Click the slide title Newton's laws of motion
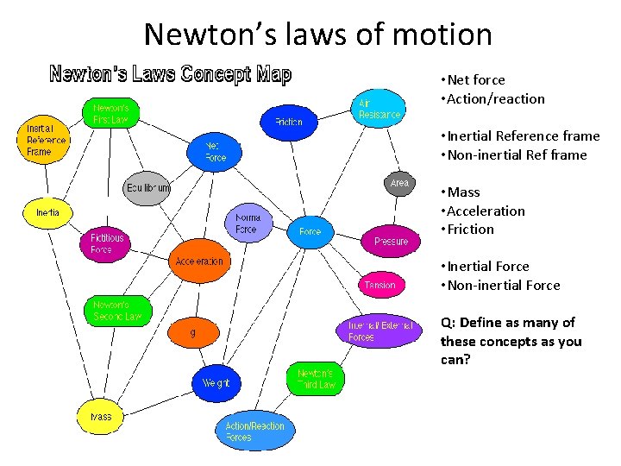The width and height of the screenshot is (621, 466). [x=318, y=35]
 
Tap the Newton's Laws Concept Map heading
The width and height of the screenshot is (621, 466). [x=171, y=74]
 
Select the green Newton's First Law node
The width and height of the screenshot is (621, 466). [x=110, y=113]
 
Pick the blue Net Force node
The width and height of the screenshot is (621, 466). [x=215, y=152]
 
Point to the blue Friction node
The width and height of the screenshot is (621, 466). [x=288, y=122]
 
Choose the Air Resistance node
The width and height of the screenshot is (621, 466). [x=379, y=108]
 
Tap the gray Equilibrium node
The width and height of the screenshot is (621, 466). [x=147, y=188]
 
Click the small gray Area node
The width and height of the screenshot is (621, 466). [x=399, y=183]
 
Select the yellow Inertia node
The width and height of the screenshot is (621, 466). [x=47, y=212]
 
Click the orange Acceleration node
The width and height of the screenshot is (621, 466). [x=198, y=261]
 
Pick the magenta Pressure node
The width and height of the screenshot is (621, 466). [x=391, y=241]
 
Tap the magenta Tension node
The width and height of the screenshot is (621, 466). [x=380, y=285]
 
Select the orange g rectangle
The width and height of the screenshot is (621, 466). [x=192, y=332]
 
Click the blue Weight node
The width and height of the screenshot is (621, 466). [x=216, y=382]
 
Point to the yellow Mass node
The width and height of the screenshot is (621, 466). [x=101, y=417]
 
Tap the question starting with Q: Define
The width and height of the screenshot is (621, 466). [x=511, y=341]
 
